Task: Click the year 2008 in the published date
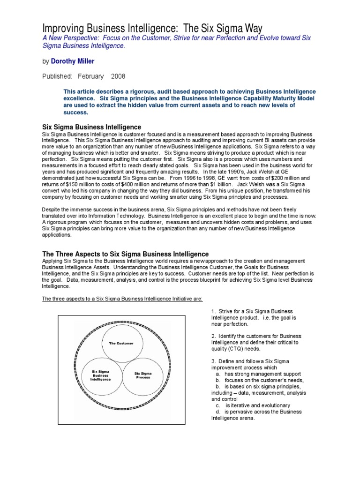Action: (119, 76)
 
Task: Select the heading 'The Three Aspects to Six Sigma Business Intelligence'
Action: (126, 254)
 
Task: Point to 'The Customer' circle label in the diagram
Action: (121, 343)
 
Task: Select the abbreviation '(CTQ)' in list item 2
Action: (237, 349)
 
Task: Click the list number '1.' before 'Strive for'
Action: (213, 311)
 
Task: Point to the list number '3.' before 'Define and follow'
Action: (213, 361)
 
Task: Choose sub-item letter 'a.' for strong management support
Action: (218, 374)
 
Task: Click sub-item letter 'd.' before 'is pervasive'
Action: (218, 412)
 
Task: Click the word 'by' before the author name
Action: (45, 61)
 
